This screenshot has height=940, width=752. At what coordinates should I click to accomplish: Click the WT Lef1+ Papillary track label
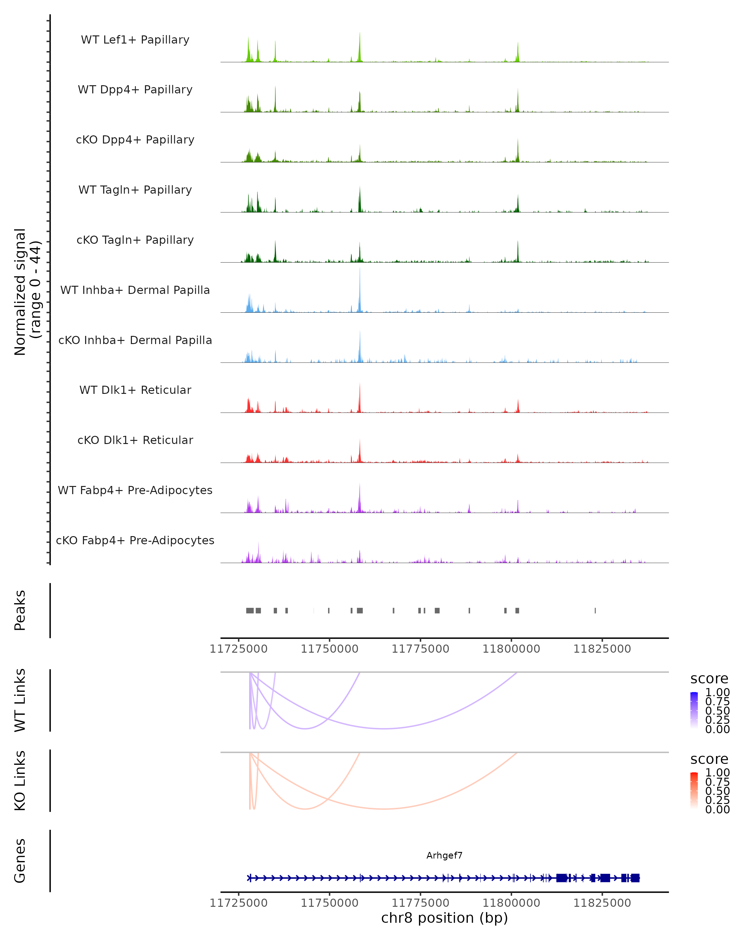135,40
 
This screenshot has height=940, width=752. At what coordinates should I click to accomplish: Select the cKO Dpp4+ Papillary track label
135,140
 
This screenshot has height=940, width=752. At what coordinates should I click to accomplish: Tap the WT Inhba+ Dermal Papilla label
135,290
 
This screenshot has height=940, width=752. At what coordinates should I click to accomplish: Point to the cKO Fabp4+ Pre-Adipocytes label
135,540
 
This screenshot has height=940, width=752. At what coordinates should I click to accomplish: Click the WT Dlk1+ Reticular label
135,390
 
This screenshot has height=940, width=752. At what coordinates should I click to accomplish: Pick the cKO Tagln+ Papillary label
135,240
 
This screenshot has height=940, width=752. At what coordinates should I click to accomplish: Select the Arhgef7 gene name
444,855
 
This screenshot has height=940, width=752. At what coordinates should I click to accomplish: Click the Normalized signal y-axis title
27,292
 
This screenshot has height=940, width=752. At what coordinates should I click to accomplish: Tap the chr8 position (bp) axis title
444,918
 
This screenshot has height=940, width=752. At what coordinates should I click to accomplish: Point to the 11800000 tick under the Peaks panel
511,649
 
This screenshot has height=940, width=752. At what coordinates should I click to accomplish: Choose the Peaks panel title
20,610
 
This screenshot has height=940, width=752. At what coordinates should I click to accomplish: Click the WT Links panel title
20,700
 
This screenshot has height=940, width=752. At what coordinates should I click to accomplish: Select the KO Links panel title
20,781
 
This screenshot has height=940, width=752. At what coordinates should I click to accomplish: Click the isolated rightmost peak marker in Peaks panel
595,610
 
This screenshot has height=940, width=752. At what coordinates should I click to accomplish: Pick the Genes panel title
20,861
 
